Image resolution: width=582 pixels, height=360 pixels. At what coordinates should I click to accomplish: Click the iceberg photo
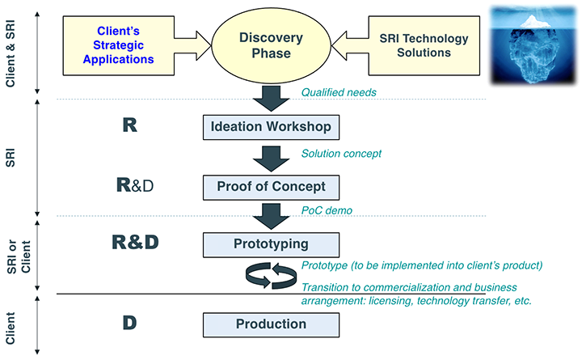533,44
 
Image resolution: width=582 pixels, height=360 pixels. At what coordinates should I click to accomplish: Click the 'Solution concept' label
341,153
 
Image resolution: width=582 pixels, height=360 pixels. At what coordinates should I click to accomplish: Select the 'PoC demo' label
326,210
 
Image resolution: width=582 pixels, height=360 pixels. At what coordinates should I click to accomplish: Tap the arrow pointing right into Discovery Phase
192,45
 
